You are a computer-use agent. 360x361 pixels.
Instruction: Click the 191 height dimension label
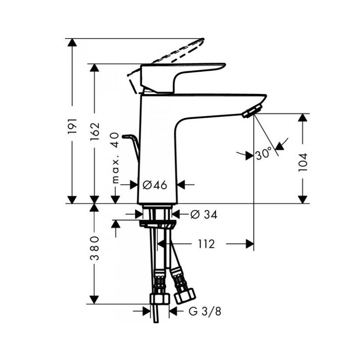pos(72,126)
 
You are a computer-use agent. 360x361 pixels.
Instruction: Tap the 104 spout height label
pos(302,162)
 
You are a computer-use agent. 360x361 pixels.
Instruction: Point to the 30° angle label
pos(263,154)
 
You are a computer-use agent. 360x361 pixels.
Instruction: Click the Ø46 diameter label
pos(155,185)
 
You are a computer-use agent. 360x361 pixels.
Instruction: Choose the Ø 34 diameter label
pos(204,215)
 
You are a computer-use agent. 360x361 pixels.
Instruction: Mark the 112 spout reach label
pos(206,244)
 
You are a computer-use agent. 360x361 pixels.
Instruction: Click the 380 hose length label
pos(94,248)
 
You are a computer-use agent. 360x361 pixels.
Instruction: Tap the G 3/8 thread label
pos(205,311)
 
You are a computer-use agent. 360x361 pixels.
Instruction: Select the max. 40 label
pos(115,158)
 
